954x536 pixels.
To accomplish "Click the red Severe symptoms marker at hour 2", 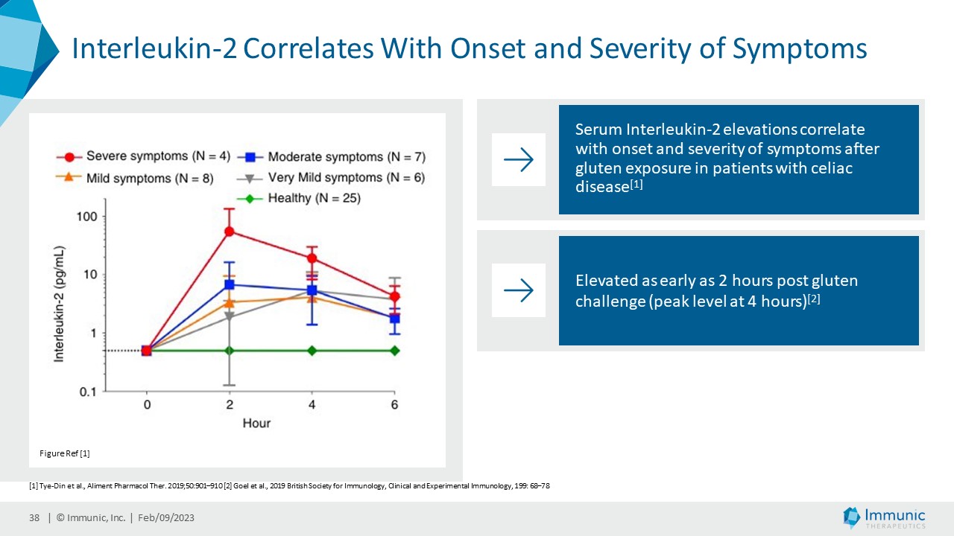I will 230,232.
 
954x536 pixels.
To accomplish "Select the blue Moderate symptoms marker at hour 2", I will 230,284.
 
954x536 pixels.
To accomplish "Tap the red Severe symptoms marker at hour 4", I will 312,258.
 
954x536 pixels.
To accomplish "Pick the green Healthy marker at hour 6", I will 395,351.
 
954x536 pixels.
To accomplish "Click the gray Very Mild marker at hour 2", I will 230,316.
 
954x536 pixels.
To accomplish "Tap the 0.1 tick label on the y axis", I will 87,392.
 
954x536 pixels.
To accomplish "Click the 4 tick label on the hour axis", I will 312,405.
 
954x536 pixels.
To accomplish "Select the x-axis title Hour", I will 256,424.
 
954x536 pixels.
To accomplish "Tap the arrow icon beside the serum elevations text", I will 519,159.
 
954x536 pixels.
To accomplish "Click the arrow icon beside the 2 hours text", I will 519,290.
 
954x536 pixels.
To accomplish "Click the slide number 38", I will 34,518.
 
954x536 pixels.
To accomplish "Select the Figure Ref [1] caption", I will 64,453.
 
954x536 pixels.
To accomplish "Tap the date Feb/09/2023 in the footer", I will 166,518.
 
